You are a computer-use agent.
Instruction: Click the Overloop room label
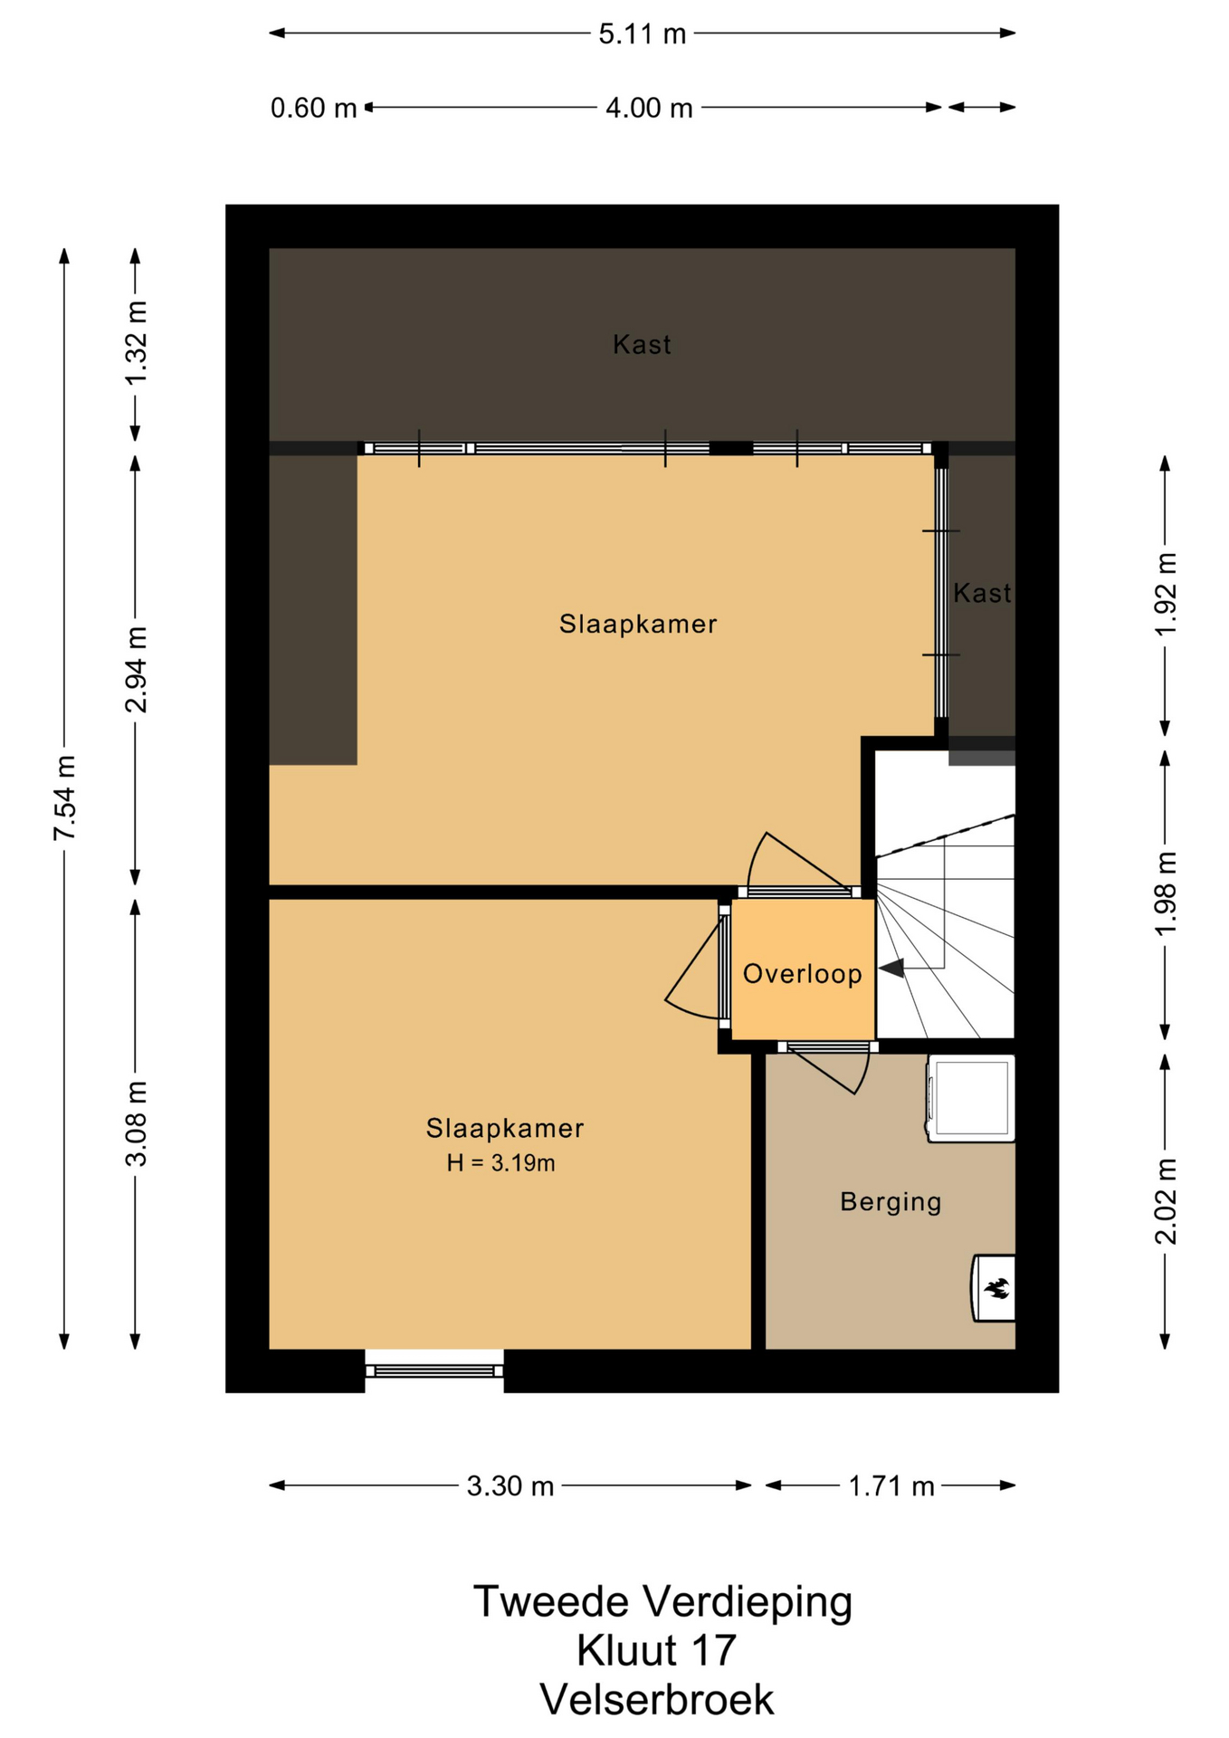[x=802, y=974]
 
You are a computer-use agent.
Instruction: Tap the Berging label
[x=891, y=1202]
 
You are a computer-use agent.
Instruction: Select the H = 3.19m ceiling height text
[x=500, y=1163]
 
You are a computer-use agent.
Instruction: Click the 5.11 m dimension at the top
[x=643, y=34]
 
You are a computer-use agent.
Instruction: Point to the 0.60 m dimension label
[x=313, y=109]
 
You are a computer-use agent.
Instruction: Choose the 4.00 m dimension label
[x=649, y=109]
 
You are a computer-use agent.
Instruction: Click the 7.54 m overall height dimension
[x=64, y=797]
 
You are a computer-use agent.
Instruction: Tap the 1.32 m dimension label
[x=136, y=343]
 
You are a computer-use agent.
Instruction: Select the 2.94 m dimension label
[x=136, y=669]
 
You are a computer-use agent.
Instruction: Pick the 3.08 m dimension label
[x=136, y=1124]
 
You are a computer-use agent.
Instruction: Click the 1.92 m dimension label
[x=1166, y=594]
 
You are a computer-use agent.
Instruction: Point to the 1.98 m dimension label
[x=1166, y=894]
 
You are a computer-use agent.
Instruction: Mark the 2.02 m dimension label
[x=1166, y=1201]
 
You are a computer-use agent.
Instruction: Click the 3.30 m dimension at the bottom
[x=510, y=1486]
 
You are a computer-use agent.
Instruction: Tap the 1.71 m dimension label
[x=891, y=1486]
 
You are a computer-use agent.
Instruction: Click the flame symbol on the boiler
[x=997, y=1287]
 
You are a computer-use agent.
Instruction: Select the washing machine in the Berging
[x=970, y=1098]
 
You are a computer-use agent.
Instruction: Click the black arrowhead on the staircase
[x=892, y=968]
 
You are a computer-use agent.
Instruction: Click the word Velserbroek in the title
[x=657, y=1700]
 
